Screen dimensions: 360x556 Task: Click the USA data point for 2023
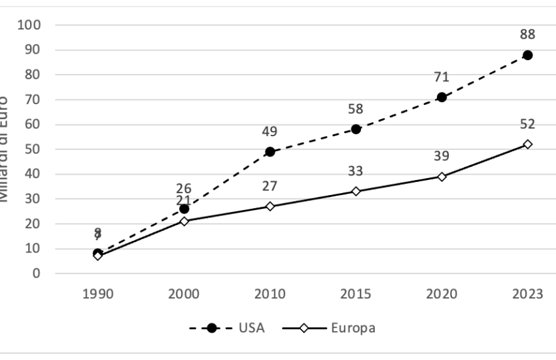pyautogui.click(x=527, y=55)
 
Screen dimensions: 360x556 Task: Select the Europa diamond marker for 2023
pyautogui.click(x=527, y=144)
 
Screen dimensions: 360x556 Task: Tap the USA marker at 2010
pyautogui.click(x=269, y=151)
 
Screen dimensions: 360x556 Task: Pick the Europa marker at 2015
pyautogui.click(x=356, y=191)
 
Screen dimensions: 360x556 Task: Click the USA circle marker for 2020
pyautogui.click(x=442, y=97)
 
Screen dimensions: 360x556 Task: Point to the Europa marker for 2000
pyautogui.click(x=184, y=221)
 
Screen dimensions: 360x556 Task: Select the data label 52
pyautogui.click(x=527, y=124)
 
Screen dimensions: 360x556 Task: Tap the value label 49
pyautogui.click(x=269, y=132)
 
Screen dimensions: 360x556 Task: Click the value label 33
pyautogui.click(x=356, y=171)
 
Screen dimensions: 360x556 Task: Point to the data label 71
pyautogui.click(x=442, y=77)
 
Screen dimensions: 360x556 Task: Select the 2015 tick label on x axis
pyautogui.click(x=356, y=293)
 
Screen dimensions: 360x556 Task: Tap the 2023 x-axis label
pyautogui.click(x=527, y=293)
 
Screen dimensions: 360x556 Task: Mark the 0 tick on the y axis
pyautogui.click(x=38, y=274)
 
